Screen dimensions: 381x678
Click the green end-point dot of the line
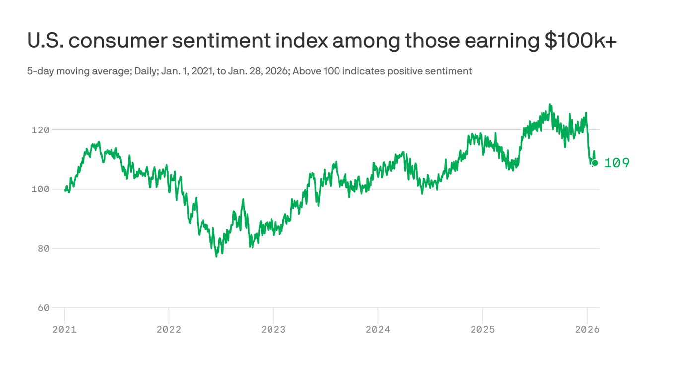[x=595, y=163]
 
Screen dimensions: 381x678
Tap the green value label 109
[x=616, y=163]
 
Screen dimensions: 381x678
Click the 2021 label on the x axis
[x=65, y=329]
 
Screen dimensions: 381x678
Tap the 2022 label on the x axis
[x=169, y=329]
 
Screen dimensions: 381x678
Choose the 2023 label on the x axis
[x=273, y=329]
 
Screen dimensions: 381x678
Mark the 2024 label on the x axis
[x=378, y=329]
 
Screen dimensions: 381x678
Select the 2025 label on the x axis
[x=482, y=329]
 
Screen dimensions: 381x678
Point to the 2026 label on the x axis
[x=587, y=329]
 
